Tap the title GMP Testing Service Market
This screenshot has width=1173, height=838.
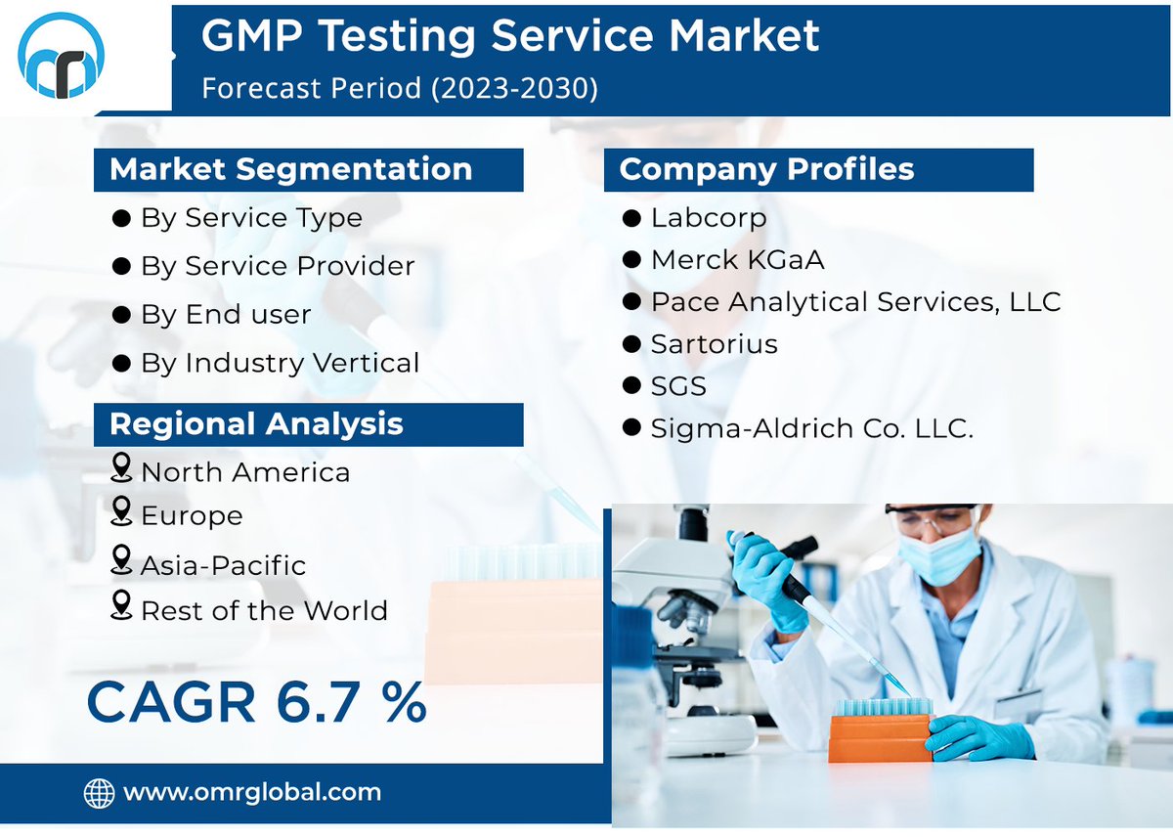(x=509, y=36)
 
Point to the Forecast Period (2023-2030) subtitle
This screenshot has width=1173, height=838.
(x=399, y=88)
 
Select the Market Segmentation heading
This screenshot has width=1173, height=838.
(x=291, y=169)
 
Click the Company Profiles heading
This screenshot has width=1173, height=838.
(x=766, y=169)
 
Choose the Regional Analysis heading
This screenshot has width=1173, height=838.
(x=256, y=423)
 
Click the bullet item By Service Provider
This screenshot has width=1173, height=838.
(x=278, y=266)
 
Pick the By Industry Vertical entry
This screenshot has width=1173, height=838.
(x=280, y=363)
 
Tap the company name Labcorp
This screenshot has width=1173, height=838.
(x=708, y=217)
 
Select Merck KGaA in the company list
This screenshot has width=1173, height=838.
(x=737, y=260)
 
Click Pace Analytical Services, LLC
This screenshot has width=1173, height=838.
(x=855, y=302)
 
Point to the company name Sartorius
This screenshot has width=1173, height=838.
(x=714, y=344)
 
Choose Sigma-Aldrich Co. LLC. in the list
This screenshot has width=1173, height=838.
(x=811, y=428)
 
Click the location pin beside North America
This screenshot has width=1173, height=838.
(x=121, y=468)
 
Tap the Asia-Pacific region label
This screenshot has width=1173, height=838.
(x=223, y=565)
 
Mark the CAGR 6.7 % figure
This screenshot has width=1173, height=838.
(x=256, y=702)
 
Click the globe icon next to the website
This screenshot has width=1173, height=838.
(x=99, y=792)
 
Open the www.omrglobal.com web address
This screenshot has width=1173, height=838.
(x=252, y=792)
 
